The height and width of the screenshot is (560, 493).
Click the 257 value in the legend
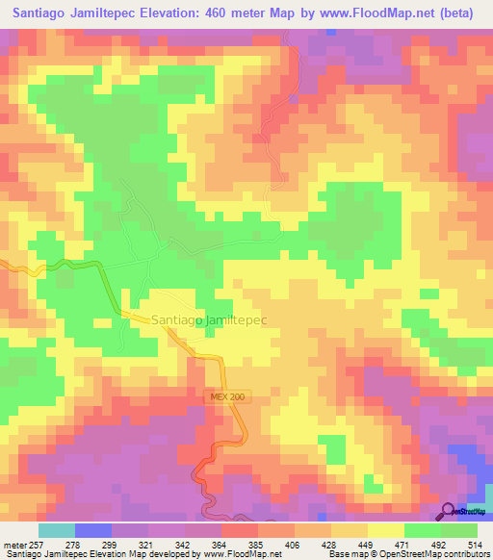click(39, 544)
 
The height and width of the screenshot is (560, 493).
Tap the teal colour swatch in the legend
click(57, 530)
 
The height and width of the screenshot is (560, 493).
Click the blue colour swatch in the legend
click(93, 530)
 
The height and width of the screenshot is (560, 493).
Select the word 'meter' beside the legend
click(14, 544)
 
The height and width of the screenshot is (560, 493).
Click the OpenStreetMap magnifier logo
click(449, 510)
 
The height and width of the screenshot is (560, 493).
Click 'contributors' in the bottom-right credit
click(464, 554)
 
